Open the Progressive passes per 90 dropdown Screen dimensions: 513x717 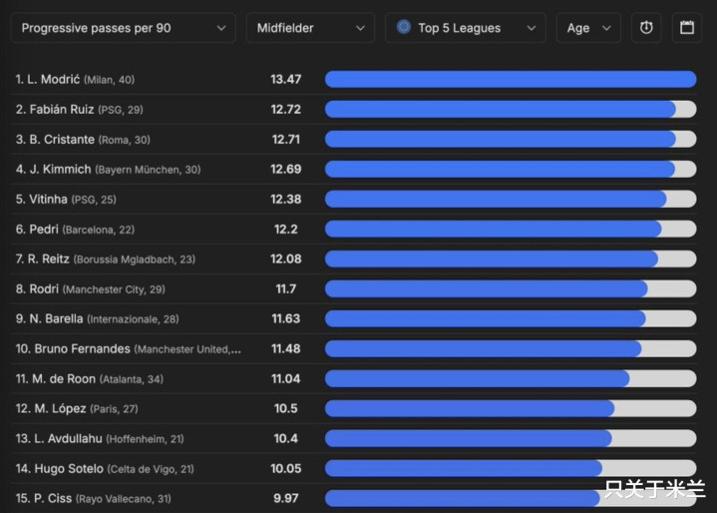(124, 28)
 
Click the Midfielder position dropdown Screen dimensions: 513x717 (310, 28)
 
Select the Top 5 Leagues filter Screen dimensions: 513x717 (465, 28)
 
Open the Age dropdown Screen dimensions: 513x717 (587, 28)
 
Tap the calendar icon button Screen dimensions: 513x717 (687, 28)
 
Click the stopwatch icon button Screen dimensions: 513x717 (646, 28)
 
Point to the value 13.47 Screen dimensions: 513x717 (285, 79)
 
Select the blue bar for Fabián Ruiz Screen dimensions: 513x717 (500, 110)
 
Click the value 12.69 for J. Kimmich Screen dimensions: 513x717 (285, 170)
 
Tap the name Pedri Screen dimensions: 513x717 (43, 230)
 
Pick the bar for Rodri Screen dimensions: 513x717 (486, 289)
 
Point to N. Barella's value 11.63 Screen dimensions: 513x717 (285, 319)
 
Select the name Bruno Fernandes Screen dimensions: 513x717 (82, 349)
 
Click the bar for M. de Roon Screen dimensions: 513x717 (477, 379)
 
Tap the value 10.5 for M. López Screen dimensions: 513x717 (285, 409)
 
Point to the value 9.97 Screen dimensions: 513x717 (285, 498)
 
